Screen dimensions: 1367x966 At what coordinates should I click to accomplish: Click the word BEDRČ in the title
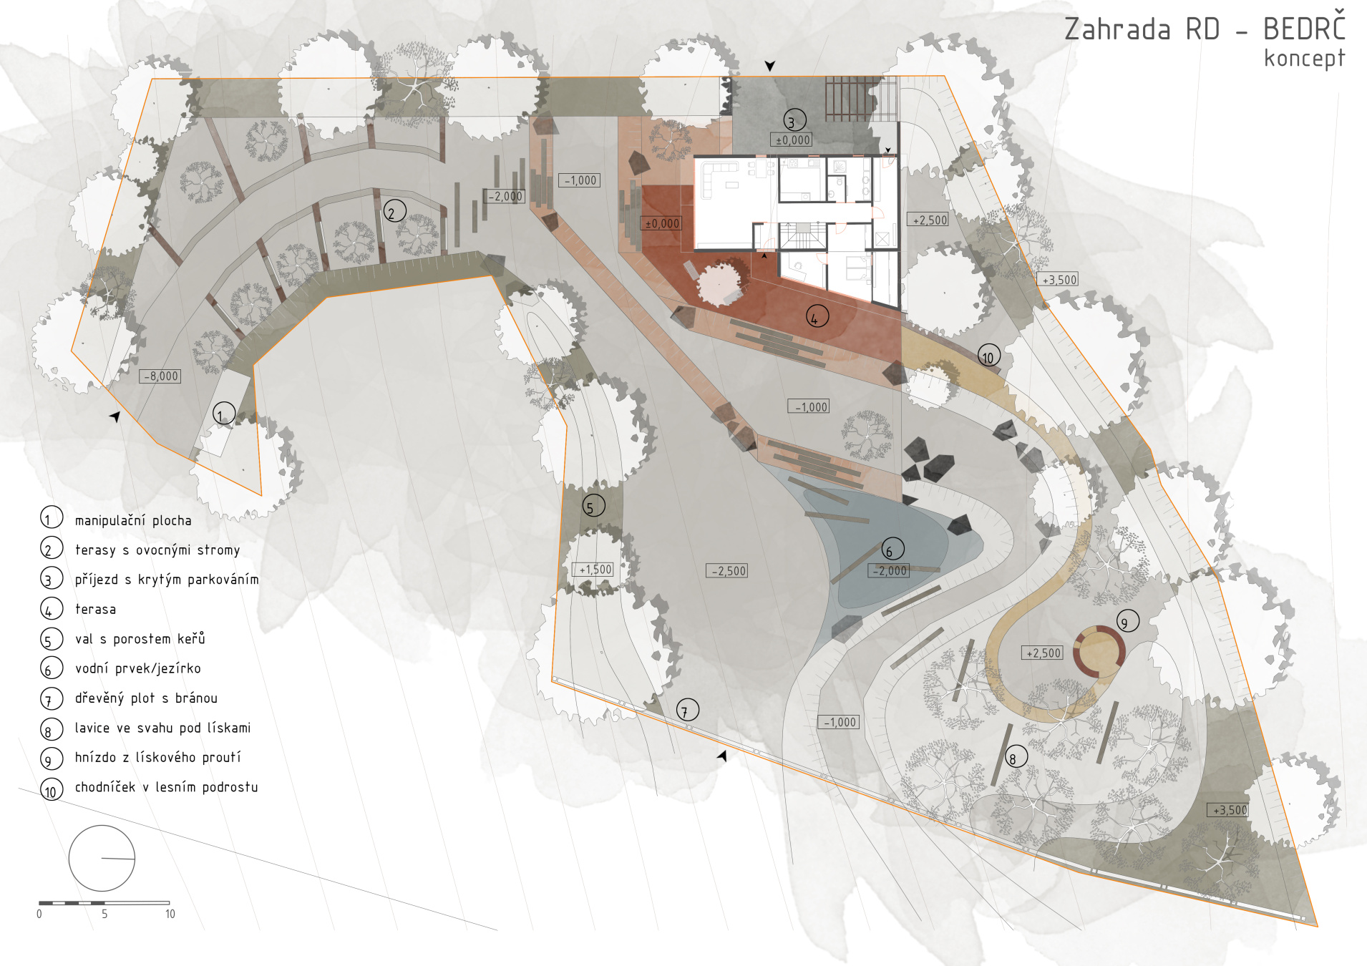1304,28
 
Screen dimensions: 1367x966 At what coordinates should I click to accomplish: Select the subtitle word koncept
1304,58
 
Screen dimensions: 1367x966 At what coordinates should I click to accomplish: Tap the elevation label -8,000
160,376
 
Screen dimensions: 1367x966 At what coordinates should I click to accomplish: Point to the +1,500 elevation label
593,570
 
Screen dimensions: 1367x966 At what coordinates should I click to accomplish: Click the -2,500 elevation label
727,571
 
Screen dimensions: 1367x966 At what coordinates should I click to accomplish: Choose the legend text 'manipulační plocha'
133,520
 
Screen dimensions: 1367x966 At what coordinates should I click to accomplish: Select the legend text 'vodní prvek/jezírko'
138,668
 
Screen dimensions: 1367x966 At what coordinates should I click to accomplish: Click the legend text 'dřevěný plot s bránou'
146,698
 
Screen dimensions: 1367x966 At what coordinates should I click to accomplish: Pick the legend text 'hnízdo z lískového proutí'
157,757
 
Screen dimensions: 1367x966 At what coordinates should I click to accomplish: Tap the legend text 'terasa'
95,609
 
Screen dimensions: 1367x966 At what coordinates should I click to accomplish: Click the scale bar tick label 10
170,914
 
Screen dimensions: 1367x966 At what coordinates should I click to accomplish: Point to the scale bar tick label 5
104,914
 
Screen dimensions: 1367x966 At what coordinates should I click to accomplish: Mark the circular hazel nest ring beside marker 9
1099,628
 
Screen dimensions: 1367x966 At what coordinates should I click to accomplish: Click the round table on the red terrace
721,284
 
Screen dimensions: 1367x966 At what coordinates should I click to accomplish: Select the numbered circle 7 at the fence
687,710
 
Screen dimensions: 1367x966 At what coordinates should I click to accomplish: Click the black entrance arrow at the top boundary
770,66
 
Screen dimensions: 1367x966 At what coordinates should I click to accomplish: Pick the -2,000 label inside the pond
890,571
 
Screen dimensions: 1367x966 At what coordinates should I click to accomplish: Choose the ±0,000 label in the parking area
792,140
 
